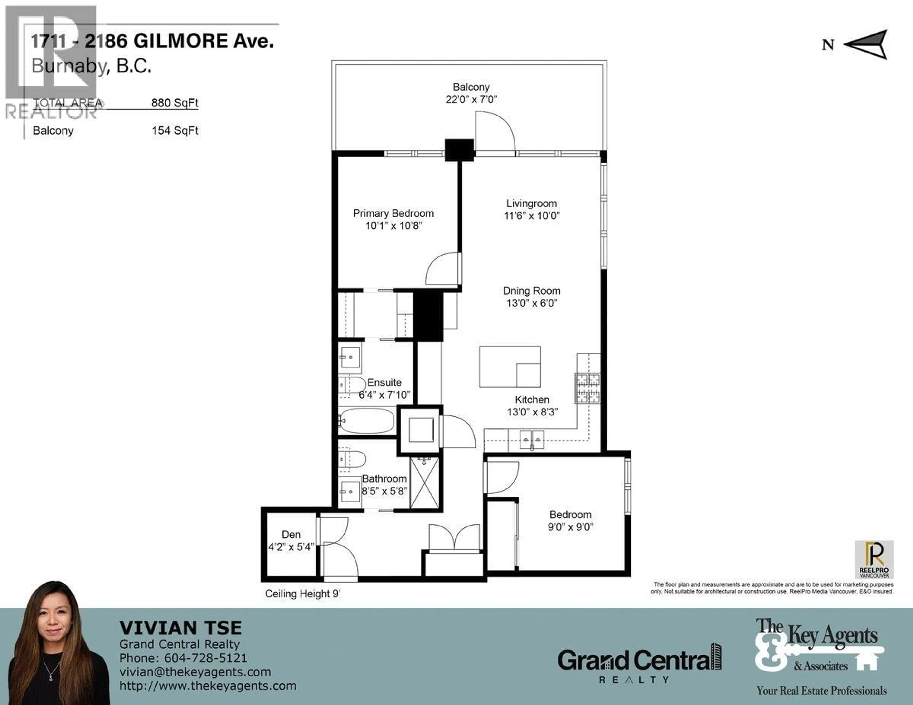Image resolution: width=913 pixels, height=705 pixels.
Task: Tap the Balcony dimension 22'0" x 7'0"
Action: tap(471, 99)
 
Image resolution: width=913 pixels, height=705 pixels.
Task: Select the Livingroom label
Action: tap(531, 203)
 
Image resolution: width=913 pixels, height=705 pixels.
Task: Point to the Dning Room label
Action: tap(531, 291)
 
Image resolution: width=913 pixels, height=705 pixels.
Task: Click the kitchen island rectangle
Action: tap(510, 367)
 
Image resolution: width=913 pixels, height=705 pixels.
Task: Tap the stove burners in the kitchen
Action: tap(587, 388)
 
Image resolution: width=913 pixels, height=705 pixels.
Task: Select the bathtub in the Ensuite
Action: tap(367, 421)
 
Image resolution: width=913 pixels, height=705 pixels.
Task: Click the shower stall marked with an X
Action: tap(424, 483)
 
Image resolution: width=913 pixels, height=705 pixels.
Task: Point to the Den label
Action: tap(291, 535)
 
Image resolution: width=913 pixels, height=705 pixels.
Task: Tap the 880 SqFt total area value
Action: tap(175, 103)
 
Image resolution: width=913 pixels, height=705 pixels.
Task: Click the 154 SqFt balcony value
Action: tap(175, 130)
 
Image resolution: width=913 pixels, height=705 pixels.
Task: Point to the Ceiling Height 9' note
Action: tap(303, 594)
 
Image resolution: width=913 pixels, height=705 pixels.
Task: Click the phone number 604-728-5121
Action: tap(205, 658)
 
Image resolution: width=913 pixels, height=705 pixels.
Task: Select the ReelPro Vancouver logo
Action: tap(874, 559)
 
